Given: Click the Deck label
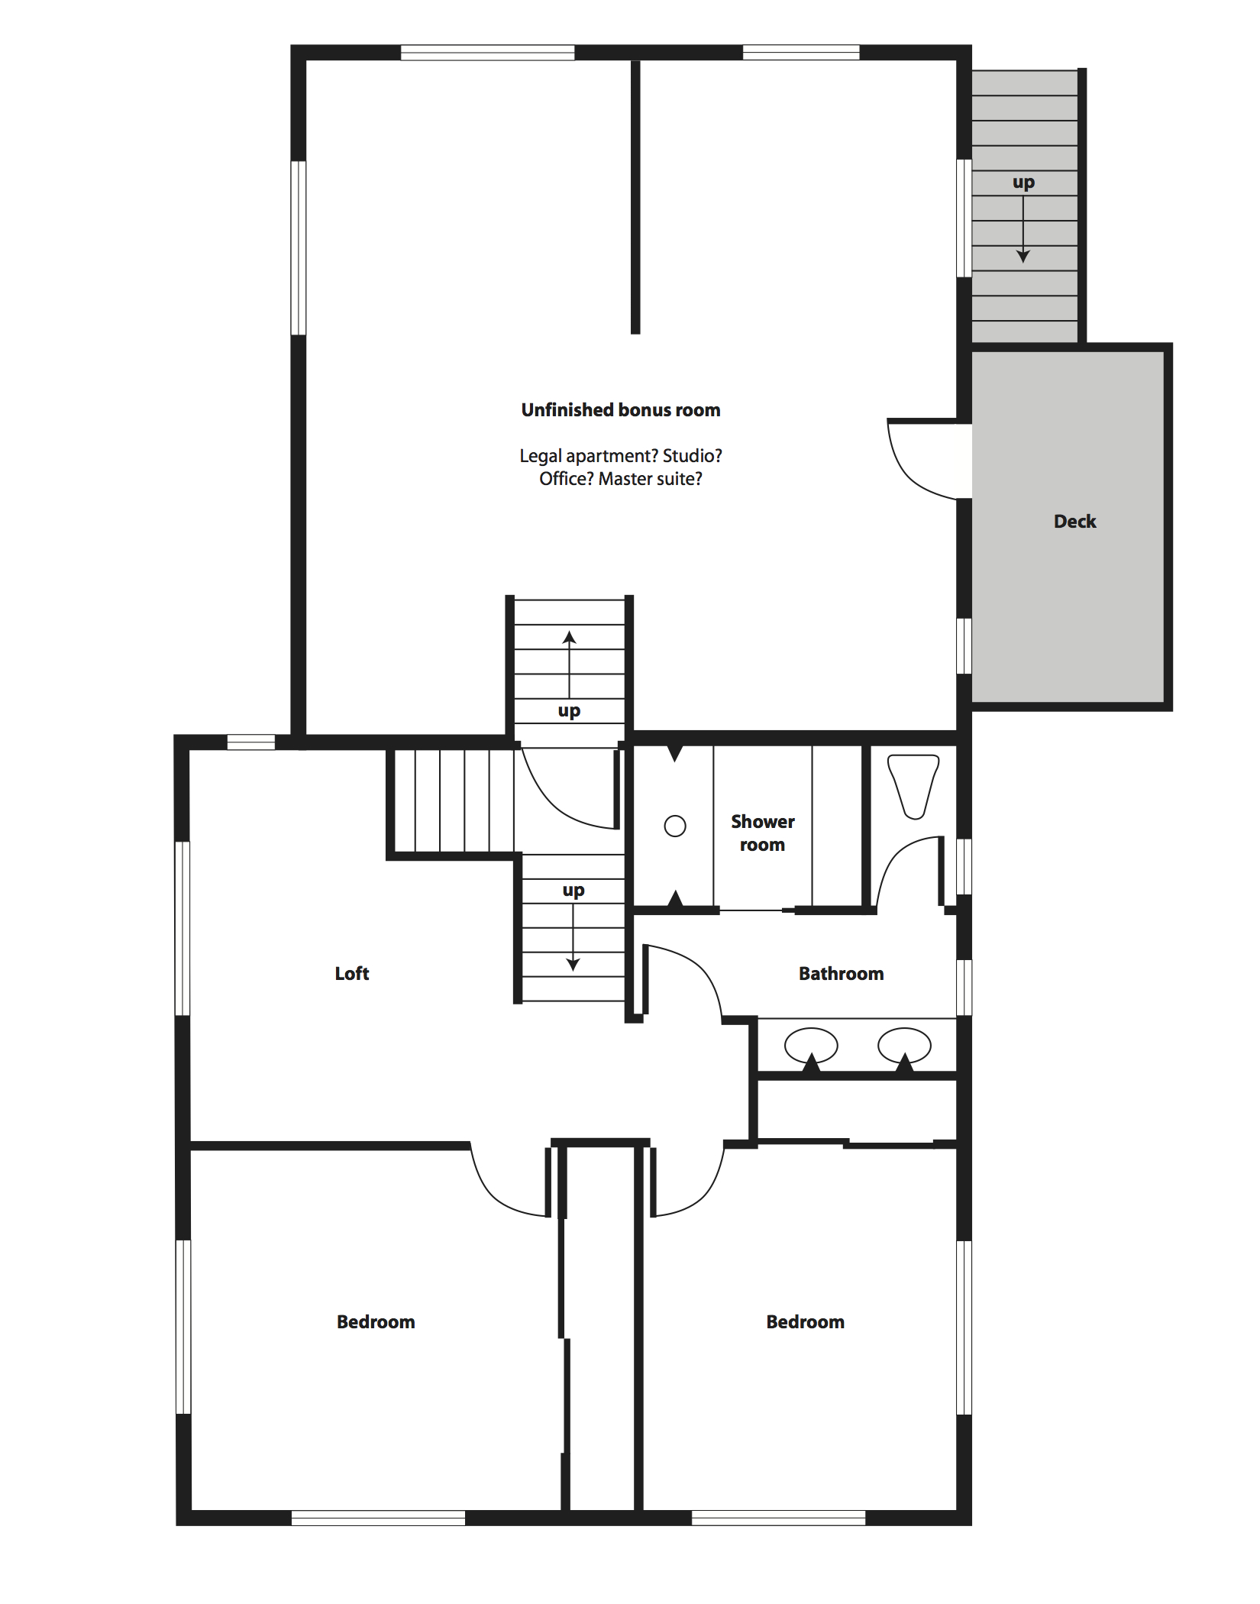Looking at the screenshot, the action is tap(1074, 522).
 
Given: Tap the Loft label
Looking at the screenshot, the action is tap(352, 974).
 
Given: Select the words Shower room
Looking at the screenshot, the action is tap(762, 833).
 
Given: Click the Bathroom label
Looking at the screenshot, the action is tap(841, 974).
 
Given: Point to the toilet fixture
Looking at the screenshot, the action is tap(913, 785).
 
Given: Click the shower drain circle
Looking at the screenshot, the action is tap(675, 826).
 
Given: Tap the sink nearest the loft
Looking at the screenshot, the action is tap(811, 1045).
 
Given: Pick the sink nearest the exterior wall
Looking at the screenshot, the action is tap(904, 1045).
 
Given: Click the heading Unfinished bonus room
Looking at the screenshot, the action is tap(621, 410).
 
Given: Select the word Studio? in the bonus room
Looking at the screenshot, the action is tap(692, 456).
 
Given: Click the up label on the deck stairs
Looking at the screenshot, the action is tap(1023, 183).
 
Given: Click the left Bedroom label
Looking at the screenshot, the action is tap(376, 1322).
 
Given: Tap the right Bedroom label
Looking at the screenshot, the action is tap(806, 1322).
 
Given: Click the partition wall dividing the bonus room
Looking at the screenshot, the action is tap(635, 197).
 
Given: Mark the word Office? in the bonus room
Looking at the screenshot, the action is tap(566, 479).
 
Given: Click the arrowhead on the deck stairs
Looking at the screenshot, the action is tap(1023, 256).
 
